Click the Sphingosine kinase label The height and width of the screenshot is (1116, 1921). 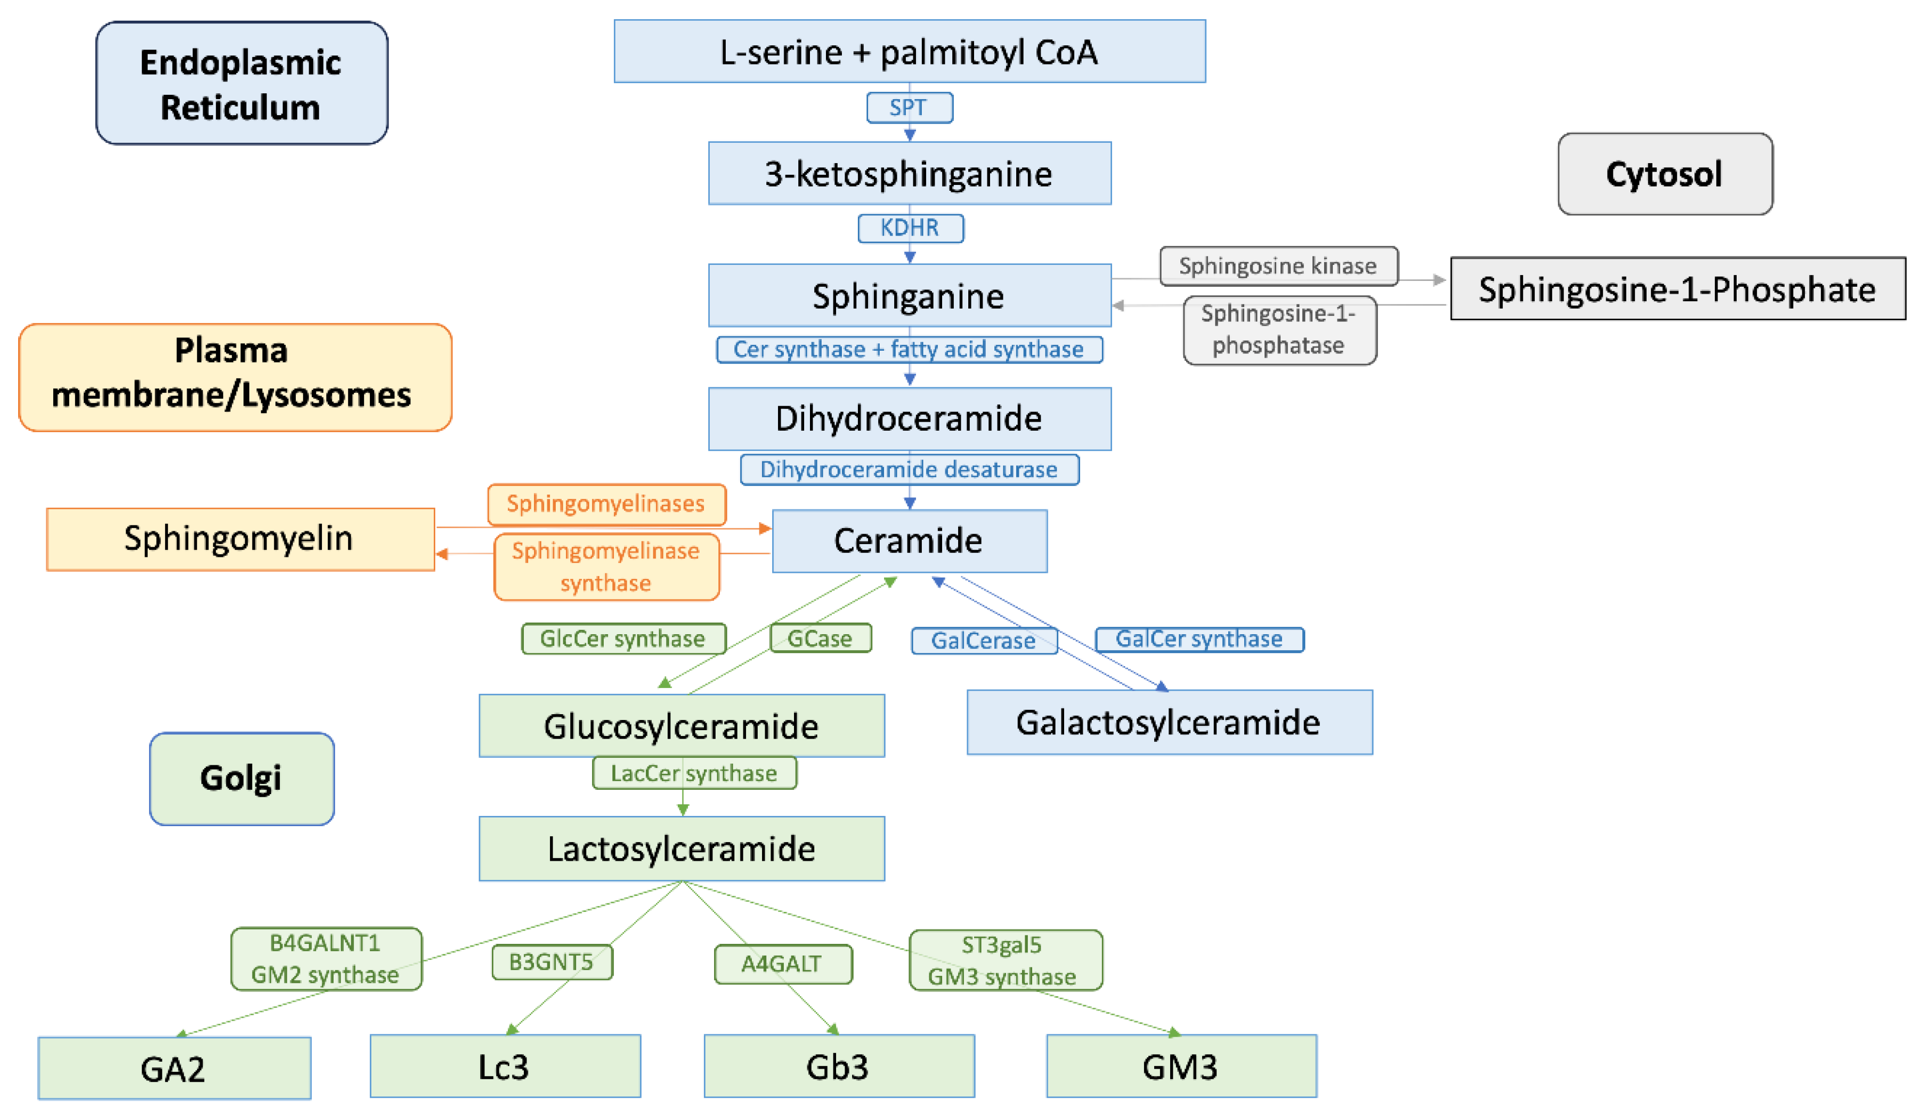coord(1278,266)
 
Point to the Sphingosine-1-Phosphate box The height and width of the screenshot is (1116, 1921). coord(1676,289)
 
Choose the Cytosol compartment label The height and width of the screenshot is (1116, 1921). coord(1664,174)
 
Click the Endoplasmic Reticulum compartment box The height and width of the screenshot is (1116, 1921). coord(241,84)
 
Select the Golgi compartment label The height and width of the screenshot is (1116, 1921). coord(241,778)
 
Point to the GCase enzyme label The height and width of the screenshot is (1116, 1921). coord(820,638)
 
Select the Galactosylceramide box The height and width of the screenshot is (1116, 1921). coord(1169,722)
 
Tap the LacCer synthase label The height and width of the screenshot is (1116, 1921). coord(694,773)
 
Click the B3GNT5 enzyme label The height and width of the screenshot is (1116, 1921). coord(551,962)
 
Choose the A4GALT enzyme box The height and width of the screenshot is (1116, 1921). coord(782,964)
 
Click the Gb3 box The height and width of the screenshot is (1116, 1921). coord(839,1066)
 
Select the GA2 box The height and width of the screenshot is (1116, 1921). coord(174,1068)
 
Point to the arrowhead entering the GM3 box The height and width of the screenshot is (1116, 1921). coord(1176,1033)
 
